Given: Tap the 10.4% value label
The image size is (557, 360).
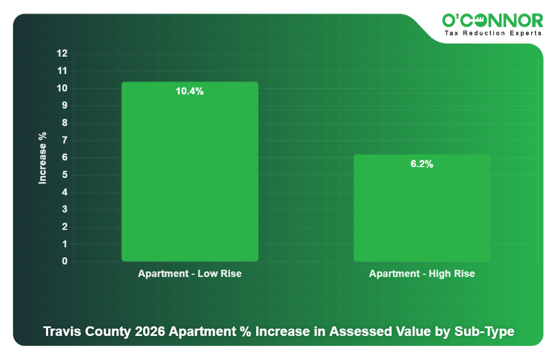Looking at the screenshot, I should tap(189, 91).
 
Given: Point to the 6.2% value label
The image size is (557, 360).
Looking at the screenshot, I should tap(421, 164).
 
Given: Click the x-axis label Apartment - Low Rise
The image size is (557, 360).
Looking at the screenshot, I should tap(189, 274).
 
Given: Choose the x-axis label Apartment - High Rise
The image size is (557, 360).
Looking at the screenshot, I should tap(421, 274).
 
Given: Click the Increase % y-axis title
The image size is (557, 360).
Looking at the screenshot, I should tap(43, 158).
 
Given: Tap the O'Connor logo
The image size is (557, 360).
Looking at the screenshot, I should tap(492, 21).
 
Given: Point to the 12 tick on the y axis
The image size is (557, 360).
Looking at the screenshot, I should tap(62, 54).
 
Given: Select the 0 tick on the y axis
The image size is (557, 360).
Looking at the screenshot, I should tap(64, 261).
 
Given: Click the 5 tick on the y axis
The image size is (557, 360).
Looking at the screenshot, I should tap(64, 175).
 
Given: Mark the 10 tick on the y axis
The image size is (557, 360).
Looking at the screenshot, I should tap(62, 89).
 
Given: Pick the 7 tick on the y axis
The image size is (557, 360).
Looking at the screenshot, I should tap(64, 140).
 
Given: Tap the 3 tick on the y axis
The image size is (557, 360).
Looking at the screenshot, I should tap(64, 210).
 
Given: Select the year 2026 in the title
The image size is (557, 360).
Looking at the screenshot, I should tap(150, 331).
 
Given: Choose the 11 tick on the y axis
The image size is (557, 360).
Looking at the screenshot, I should tap(62, 71).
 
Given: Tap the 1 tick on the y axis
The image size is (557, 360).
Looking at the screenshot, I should tap(64, 244).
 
